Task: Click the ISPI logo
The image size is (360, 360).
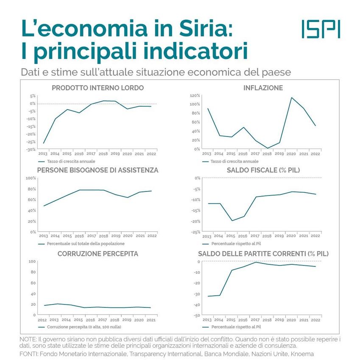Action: [321, 29]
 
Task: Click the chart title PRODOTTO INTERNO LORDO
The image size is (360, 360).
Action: [98, 88]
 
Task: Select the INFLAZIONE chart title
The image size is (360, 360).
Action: [263, 88]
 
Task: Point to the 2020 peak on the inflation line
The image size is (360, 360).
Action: [291, 98]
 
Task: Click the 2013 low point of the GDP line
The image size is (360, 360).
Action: [44, 143]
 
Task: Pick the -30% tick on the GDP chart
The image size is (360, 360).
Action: [31, 150]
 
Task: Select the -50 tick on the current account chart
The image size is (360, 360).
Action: [196, 316]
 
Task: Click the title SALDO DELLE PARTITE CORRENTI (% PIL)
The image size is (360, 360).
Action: [263, 254]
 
